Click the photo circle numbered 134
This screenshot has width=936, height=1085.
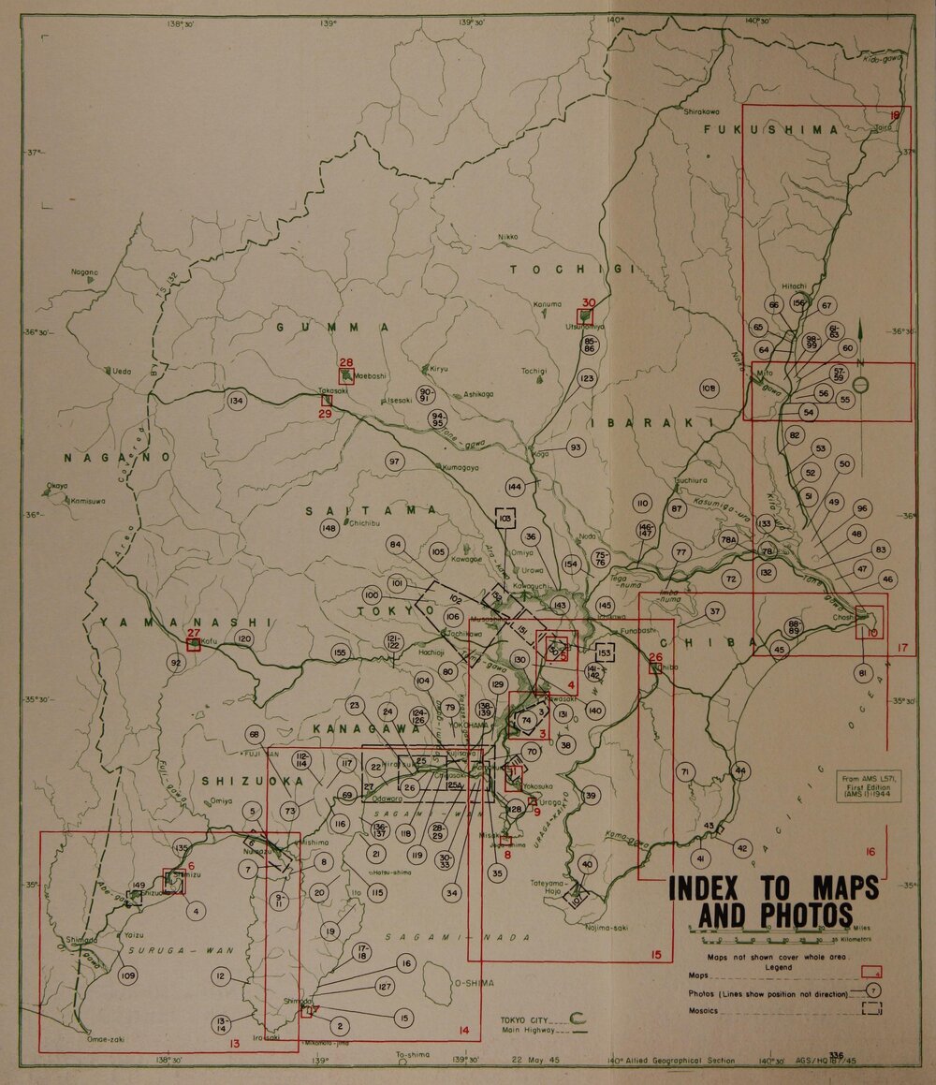coord(237,401)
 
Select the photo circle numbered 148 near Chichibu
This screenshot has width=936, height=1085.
coord(329,529)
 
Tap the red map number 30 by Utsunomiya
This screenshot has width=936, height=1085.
coord(589,302)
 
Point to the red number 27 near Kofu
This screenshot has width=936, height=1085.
coord(194,634)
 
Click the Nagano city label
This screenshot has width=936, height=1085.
coord(83,272)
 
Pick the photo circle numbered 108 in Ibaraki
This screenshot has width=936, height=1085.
coord(709,387)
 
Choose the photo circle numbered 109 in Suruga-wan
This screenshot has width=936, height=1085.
coord(128,976)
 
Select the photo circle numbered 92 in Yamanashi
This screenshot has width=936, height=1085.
coord(175,663)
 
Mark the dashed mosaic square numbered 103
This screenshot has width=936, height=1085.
coord(505,518)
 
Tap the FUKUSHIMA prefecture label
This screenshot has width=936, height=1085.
coord(771,130)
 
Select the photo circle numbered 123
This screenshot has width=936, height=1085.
coord(587,378)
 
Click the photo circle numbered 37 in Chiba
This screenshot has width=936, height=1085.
coord(715,612)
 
